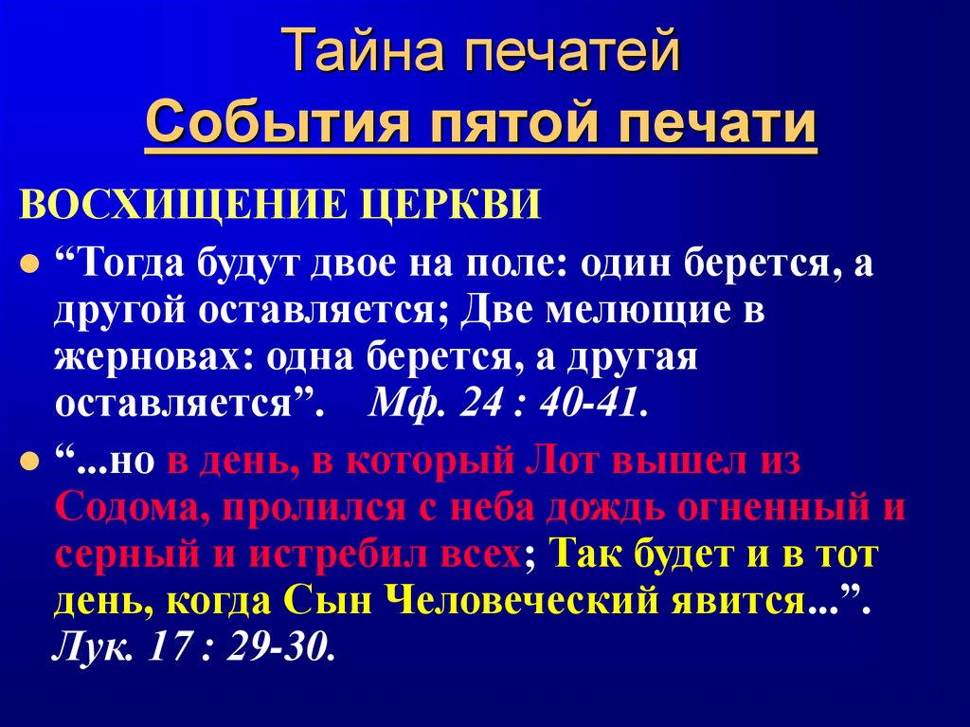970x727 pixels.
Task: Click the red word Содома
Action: point(128,509)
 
